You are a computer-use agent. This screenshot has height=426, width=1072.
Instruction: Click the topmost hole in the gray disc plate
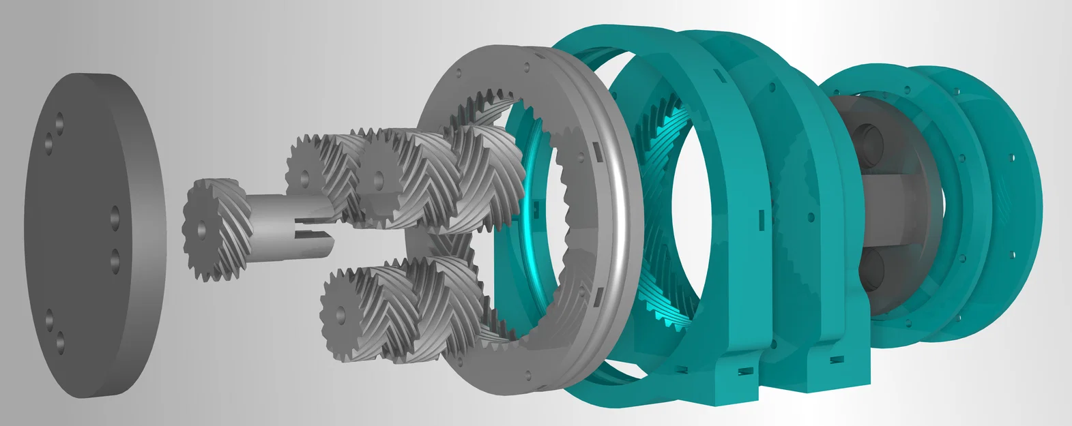[x=59, y=120]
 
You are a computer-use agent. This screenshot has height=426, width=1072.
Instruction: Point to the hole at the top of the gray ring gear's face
[x=527, y=67]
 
